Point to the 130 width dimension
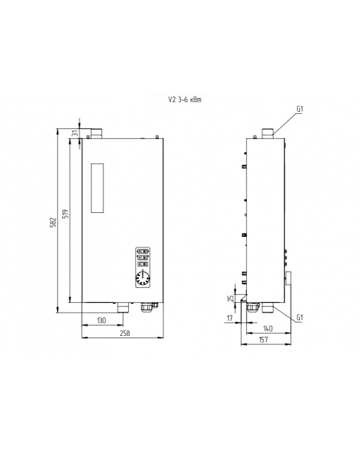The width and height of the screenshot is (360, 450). (x=101, y=321)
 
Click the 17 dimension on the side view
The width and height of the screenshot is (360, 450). (x=229, y=317)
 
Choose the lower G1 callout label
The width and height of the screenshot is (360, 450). (x=300, y=317)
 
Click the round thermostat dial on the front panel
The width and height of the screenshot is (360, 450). (x=142, y=280)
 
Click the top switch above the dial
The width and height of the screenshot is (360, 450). (x=142, y=252)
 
